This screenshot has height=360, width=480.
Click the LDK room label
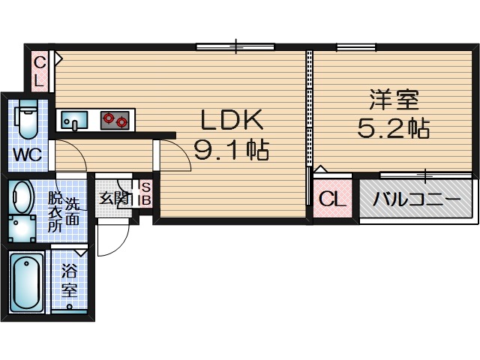[232, 120]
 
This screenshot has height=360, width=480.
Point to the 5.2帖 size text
[392, 129]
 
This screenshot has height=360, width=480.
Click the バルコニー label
[417, 200]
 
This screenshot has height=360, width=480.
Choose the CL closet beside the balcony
[331, 199]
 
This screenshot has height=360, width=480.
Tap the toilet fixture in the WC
[26, 120]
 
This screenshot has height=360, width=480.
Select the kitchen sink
[74, 119]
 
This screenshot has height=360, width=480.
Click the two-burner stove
[114, 118]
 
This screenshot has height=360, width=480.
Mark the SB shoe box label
[146, 193]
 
